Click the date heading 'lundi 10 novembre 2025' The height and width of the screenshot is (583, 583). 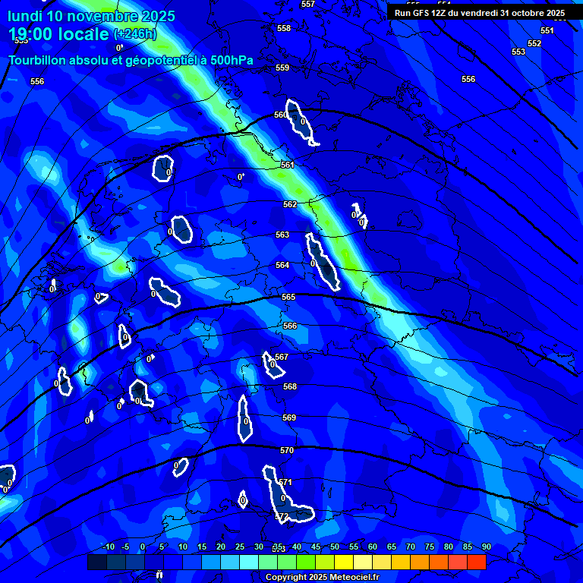pyautogui.click(x=91, y=16)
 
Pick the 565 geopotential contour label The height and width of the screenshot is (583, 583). pyautogui.click(x=288, y=297)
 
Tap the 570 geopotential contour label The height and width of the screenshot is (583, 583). pyautogui.click(x=286, y=450)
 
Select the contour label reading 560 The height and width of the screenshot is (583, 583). pyautogui.click(x=280, y=115)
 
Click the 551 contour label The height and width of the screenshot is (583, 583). pyautogui.click(x=547, y=30)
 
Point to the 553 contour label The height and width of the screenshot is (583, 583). pyautogui.click(x=518, y=52)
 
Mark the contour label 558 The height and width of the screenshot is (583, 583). pyautogui.click(x=284, y=28)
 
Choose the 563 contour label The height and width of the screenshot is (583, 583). pyautogui.click(x=282, y=235)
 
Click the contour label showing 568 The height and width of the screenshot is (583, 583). pyautogui.click(x=290, y=386)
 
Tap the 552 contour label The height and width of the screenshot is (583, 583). pyautogui.click(x=534, y=43)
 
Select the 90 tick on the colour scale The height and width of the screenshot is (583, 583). pyautogui.click(x=486, y=547)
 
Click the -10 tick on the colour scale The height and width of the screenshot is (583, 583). pyautogui.click(x=108, y=547)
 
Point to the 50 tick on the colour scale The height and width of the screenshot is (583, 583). pyautogui.click(x=335, y=547)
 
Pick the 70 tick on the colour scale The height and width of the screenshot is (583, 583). pyautogui.click(x=411, y=547)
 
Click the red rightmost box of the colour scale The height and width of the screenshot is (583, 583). pyautogui.click(x=476, y=562)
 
